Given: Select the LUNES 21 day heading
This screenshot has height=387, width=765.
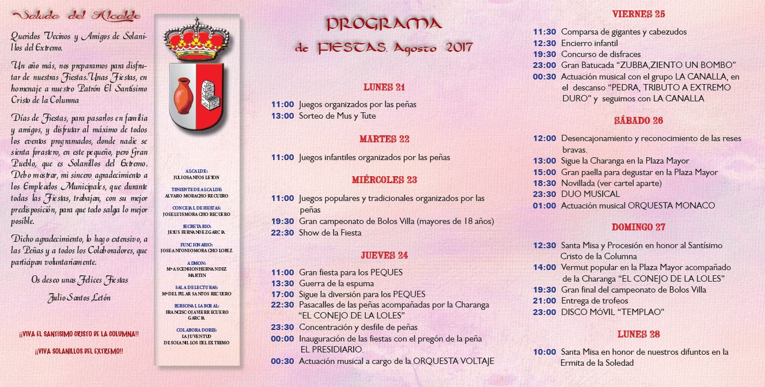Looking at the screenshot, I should point(384,88).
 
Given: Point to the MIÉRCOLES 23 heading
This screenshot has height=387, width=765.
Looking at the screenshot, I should point(384,180).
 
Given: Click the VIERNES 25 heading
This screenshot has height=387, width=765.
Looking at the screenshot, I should point(638,14).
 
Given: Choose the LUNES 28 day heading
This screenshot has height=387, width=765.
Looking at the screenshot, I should point(638,335).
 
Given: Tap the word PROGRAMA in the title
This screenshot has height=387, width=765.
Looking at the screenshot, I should point(384,24).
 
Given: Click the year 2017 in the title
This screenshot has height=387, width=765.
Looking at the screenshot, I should point(459,48).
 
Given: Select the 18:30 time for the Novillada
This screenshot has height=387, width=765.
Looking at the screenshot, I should point(544,183).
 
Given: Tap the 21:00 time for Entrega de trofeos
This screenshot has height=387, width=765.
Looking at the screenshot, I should point(544,301).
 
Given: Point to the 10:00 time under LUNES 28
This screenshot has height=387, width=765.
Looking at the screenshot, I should point(544,352).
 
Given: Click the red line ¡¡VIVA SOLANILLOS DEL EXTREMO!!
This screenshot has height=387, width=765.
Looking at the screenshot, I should point(79,351).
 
